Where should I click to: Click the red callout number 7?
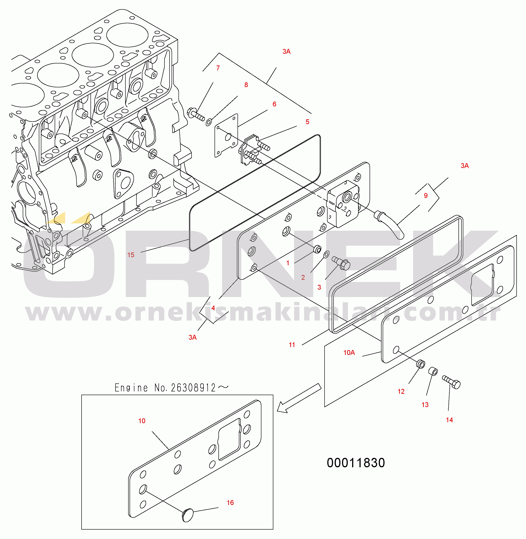(x=218, y=68)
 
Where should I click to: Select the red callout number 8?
(x=246, y=85)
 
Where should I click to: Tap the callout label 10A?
(x=349, y=352)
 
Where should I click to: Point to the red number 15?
(x=131, y=255)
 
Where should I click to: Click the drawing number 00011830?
(x=356, y=463)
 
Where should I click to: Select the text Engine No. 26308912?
(x=165, y=388)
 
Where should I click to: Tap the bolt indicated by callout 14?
(x=451, y=382)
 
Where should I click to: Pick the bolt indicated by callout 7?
(x=196, y=114)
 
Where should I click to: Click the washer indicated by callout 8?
(x=209, y=122)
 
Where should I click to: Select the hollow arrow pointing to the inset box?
(x=299, y=398)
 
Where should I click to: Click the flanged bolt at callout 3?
(x=341, y=263)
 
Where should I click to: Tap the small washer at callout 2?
(x=326, y=254)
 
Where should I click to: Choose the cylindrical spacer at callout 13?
(x=433, y=371)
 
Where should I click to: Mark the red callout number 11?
(x=292, y=345)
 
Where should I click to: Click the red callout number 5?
(x=308, y=122)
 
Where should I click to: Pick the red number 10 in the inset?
(x=142, y=421)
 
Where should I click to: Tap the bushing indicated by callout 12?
(x=421, y=364)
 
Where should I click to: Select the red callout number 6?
(x=274, y=104)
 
